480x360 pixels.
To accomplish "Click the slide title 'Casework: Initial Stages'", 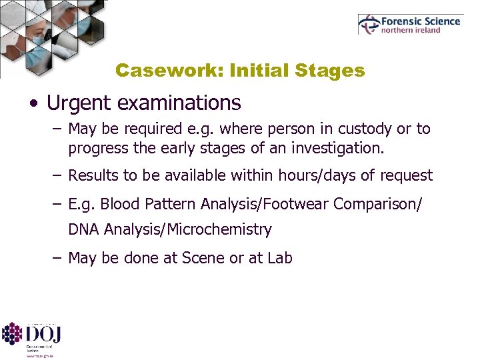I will click(x=239, y=70).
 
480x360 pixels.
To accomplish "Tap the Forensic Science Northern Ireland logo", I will click(x=409, y=25).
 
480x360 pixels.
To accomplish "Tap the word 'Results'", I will click(x=92, y=175).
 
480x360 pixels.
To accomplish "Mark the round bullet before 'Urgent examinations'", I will click(x=33, y=105).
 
